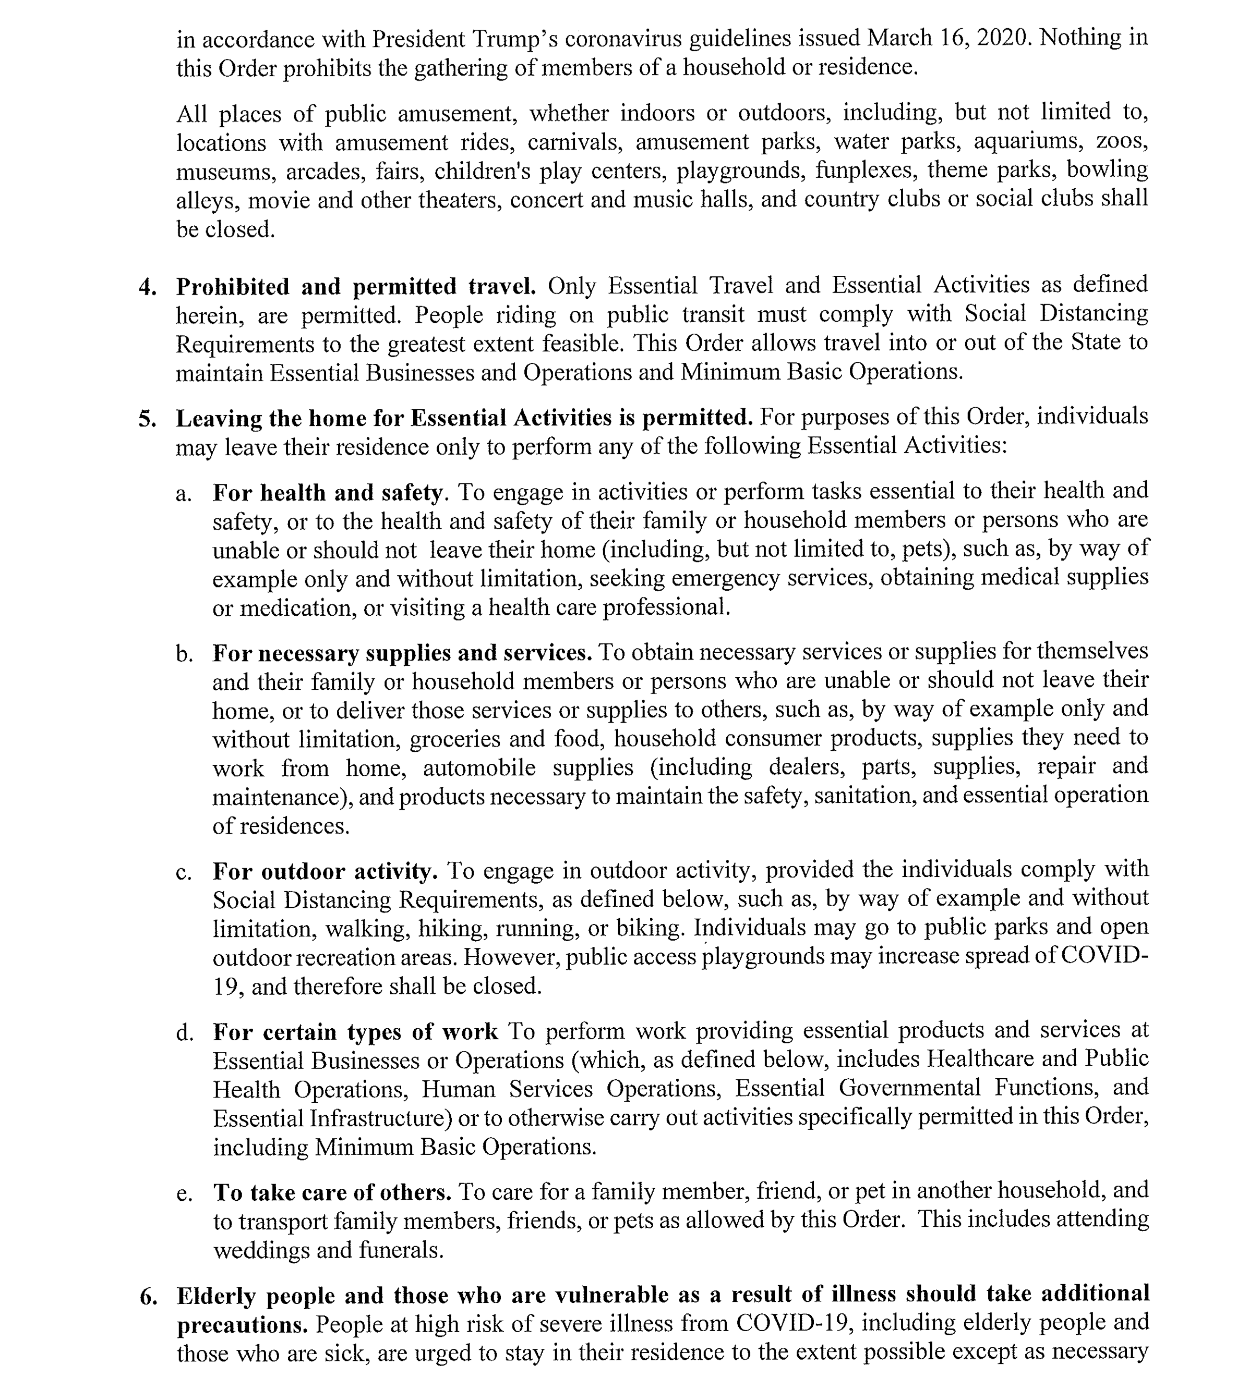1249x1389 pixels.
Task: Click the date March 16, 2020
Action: pos(949,38)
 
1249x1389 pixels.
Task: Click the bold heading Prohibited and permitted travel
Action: pos(355,287)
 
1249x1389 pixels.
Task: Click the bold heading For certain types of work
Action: pos(355,1033)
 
